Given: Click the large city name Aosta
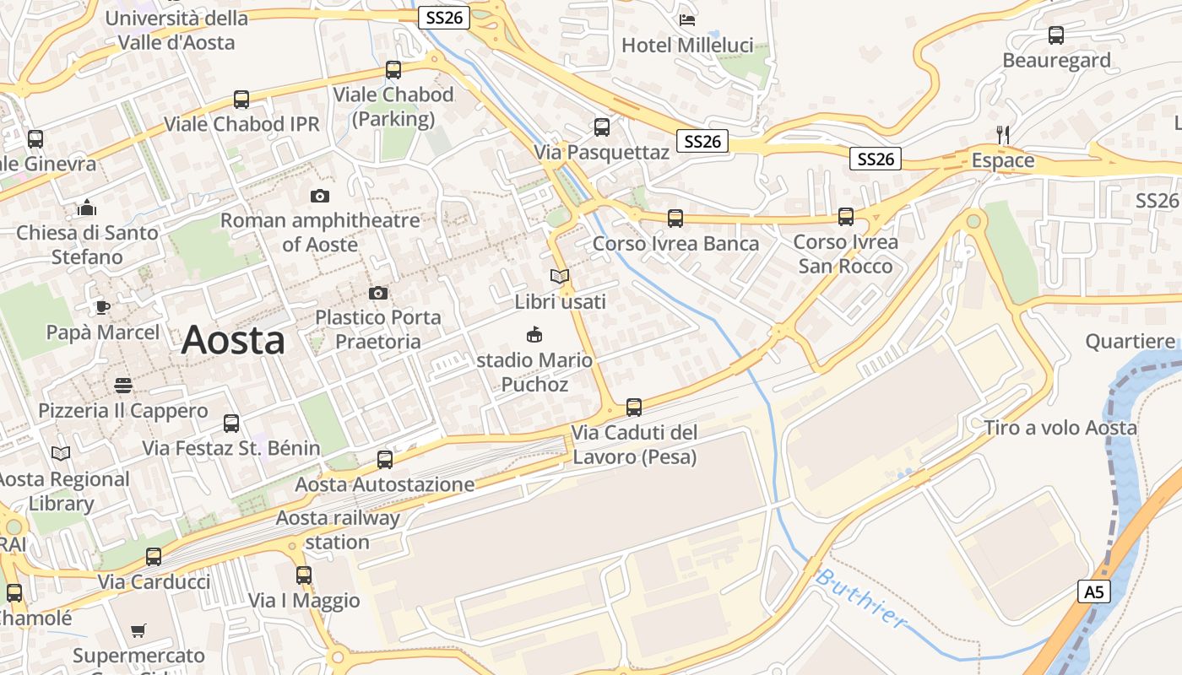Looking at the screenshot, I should click(x=233, y=340).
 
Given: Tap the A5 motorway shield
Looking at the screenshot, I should click(x=1094, y=591).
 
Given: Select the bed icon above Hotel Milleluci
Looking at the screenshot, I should click(x=687, y=19).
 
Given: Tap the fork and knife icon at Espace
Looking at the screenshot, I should click(x=1003, y=134).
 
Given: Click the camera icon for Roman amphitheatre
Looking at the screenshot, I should click(x=320, y=196).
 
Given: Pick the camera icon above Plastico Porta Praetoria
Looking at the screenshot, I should click(x=378, y=293).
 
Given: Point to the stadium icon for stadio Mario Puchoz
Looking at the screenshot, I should click(x=534, y=335).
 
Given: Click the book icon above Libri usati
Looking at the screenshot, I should click(x=560, y=276).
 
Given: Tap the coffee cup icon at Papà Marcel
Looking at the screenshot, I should click(x=103, y=307).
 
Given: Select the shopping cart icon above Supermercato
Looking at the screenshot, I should click(x=138, y=630).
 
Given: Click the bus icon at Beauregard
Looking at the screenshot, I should click(x=1056, y=35).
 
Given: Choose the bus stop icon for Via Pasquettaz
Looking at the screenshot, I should click(x=602, y=127).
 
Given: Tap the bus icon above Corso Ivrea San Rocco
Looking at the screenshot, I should click(x=846, y=217).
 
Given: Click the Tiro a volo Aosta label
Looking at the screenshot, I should click(x=1060, y=428).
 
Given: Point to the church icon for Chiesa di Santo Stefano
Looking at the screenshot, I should click(x=87, y=207).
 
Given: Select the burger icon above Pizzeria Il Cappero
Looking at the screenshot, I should click(x=123, y=386).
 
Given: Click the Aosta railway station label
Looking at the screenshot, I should click(x=338, y=529).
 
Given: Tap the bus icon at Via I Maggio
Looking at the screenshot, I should click(x=304, y=575).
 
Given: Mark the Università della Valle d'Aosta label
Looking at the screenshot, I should click(x=177, y=30).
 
